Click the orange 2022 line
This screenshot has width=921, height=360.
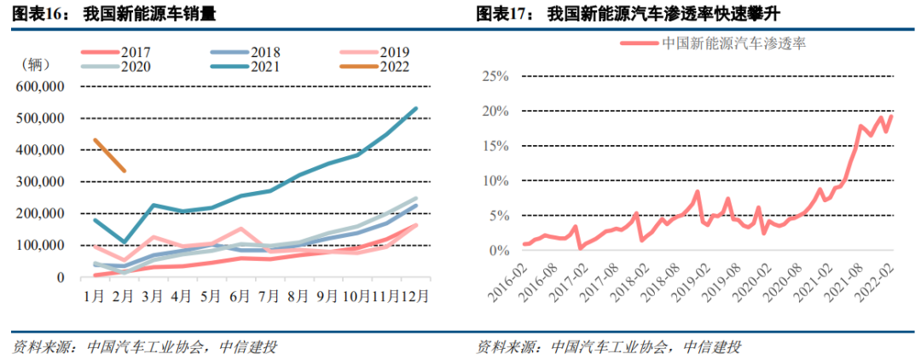point(109,155)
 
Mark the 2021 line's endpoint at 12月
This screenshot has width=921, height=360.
point(416,108)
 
